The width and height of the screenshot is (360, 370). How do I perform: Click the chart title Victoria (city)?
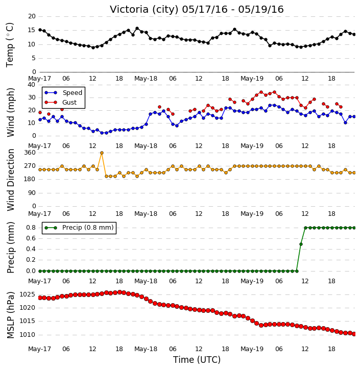(144, 10)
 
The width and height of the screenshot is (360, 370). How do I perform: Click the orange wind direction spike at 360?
(102, 153)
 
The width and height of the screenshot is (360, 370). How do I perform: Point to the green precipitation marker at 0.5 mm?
(301, 244)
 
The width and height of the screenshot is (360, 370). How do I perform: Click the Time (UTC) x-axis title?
(197, 360)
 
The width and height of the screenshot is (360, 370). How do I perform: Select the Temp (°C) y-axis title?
(10, 45)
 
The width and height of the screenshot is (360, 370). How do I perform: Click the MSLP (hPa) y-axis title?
(10, 315)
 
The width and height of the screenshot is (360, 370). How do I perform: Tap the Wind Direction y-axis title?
(10, 180)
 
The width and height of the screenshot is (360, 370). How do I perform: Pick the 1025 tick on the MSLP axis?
(27, 294)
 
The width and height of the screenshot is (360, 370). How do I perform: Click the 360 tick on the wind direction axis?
(30, 153)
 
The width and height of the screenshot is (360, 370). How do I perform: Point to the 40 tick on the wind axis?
(31, 85)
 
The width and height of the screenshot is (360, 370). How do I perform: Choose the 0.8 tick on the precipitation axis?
(31, 228)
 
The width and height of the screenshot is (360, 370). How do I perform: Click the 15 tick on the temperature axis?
(32, 30)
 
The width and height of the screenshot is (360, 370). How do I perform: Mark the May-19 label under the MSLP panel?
(252, 349)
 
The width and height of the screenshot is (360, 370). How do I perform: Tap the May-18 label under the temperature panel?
(146, 79)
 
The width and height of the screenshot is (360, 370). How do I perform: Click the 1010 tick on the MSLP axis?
(27, 335)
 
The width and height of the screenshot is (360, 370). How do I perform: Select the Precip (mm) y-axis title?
(10, 248)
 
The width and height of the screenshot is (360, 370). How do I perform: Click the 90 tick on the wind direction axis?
(32, 193)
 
